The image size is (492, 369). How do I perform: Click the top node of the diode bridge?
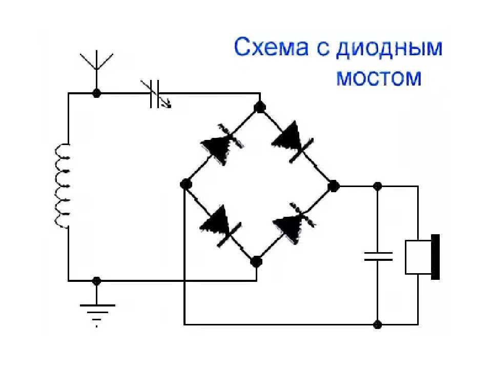click(260, 107)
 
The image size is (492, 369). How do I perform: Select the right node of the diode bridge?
click(334, 185)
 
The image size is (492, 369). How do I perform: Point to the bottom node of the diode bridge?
click(256, 261)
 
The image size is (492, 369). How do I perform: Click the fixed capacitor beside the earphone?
click(378, 256)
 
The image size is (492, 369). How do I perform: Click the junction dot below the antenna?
click(96, 93)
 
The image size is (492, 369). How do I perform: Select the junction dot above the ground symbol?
click(96, 280)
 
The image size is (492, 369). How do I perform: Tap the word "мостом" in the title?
click(379, 78)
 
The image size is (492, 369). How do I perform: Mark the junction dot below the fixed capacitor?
click(378, 324)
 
